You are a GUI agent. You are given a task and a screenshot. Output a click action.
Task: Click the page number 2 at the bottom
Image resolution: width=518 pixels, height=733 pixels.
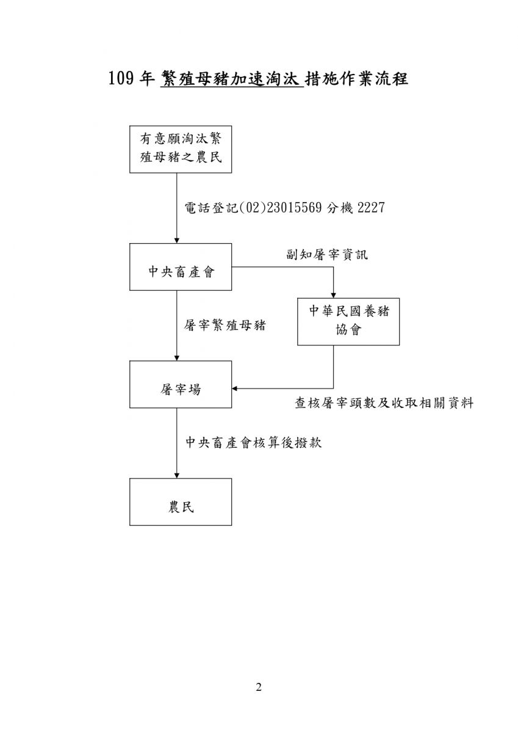tap(259, 688)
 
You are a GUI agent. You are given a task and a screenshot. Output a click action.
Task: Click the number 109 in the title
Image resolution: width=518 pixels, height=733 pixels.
tap(121, 79)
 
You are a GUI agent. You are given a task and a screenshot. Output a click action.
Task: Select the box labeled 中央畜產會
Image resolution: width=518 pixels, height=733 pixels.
tap(181, 267)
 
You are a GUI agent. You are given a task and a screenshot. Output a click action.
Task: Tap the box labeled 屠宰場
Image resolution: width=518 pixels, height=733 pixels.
tap(181, 384)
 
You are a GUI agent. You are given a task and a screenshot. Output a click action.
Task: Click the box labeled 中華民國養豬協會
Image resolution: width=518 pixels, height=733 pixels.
tap(348, 322)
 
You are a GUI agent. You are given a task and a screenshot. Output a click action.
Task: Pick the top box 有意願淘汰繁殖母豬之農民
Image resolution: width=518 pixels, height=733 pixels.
tap(181, 149)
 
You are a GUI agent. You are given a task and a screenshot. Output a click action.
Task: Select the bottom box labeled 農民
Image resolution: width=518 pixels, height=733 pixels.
tap(181, 502)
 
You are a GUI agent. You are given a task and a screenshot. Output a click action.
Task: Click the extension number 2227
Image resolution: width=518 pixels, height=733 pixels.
tap(371, 208)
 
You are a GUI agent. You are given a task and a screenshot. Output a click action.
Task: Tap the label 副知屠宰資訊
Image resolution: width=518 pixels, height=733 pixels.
tap(327, 254)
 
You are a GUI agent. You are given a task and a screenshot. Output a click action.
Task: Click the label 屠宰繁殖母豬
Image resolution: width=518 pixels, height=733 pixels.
tap(225, 325)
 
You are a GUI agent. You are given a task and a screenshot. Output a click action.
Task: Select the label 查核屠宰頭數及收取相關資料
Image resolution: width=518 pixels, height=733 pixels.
tap(384, 403)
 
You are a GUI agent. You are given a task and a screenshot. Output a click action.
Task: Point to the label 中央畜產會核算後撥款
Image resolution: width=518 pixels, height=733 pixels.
tap(254, 442)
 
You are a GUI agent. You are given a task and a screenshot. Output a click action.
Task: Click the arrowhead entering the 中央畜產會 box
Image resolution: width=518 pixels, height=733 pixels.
tap(177, 241)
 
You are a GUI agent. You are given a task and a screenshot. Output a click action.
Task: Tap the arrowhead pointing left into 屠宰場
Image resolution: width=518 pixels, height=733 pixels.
tap(235, 388)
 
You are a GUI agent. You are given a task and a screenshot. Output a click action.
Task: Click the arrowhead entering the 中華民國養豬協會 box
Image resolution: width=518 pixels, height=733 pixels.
tap(333, 295)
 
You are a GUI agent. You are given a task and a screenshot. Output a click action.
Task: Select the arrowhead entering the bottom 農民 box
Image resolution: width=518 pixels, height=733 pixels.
tap(177, 475)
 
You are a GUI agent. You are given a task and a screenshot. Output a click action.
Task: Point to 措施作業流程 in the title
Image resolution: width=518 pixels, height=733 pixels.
tap(356, 79)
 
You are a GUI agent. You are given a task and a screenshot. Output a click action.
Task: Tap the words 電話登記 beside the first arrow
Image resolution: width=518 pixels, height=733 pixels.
tap(212, 208)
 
